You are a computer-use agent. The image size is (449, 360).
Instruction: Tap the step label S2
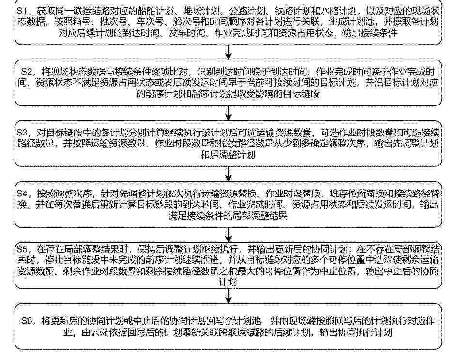tap(27, 72)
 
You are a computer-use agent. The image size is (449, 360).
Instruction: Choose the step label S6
tap(27, 321)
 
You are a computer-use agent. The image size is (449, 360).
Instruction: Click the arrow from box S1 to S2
tap(228, 52)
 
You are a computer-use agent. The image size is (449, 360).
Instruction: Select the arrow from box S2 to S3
tap(228, 113)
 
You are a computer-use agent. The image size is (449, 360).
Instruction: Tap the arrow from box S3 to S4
tap(228, 174)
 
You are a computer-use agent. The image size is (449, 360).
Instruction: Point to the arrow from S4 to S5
tap(228, 235)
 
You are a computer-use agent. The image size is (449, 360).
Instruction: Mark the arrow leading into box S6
tap(228, 296)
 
